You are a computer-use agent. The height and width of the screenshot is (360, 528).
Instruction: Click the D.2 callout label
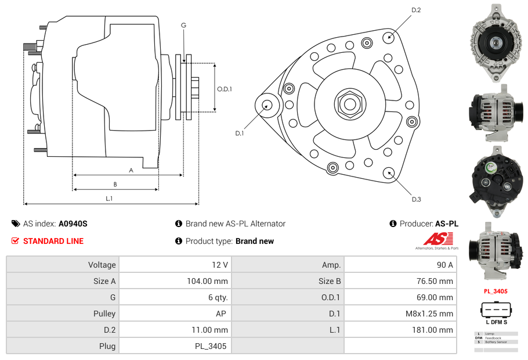coord(416,10)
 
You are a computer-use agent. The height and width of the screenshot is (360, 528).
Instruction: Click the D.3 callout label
coord(416,199)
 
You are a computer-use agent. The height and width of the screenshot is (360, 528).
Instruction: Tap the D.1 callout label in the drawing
coord(239,133)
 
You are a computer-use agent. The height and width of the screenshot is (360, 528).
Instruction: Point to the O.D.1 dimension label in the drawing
coord(225,89)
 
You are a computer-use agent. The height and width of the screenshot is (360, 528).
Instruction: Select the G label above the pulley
coord(183,25)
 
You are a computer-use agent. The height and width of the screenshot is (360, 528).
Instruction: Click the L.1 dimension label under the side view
coord(109,199)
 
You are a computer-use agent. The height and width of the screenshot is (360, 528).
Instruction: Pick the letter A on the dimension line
coord(131,170)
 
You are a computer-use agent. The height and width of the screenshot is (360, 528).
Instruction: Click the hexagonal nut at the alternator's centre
coord(349,105)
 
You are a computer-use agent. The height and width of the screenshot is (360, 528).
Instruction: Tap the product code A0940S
coord(73,224)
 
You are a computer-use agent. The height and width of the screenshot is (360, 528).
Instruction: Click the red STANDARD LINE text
coord(53,241)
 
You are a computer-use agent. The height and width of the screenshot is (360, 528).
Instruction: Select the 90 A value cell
coord(400,265)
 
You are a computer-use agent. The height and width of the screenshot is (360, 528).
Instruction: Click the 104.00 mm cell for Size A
coord(173,281)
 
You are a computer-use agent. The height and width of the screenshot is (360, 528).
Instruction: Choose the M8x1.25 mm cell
coord(400,314)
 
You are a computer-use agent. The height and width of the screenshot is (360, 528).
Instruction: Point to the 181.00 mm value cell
coord(400,330)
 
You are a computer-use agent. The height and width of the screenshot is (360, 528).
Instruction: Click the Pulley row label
coord(63,314)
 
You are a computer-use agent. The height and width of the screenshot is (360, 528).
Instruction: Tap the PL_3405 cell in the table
coord(173,347)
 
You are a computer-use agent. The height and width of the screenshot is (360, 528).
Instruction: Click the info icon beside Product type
coord(179,241)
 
